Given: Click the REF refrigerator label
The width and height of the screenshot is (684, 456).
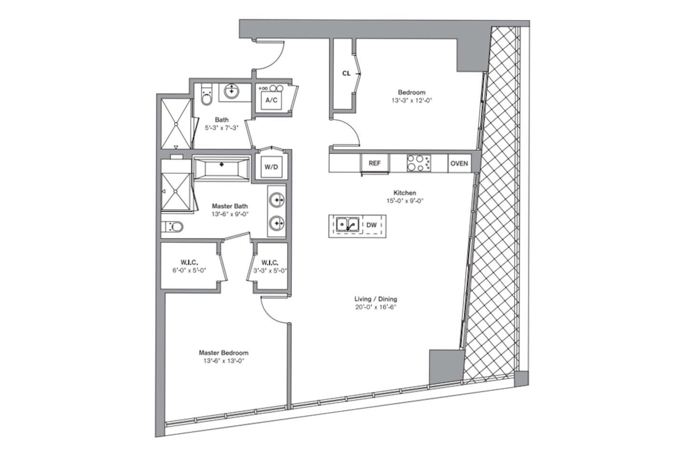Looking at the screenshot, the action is pyautogui.click(x=374, y=163).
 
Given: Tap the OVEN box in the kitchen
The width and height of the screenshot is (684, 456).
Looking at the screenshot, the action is pyautogui.click(x=459, y=163).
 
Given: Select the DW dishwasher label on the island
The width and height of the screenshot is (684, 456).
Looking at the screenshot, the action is pyautogui.click(x=371, y=225).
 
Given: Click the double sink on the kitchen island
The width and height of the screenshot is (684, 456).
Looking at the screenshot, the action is pyautogui.click(x=348, y=225).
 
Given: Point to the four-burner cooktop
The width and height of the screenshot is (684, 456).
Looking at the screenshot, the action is pyautogui.click(x=418, y=163).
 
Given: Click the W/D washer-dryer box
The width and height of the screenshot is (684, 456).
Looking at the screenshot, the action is pyautogui.click(x=272, y=167).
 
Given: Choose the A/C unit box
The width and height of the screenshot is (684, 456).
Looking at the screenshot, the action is pyautogui.click(x=272, y=100).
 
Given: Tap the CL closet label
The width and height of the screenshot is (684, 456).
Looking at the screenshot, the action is pyautogui.click(x=346, y=73).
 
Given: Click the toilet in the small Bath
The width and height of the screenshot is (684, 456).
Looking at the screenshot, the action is pyautogui.click(x=207, y=95).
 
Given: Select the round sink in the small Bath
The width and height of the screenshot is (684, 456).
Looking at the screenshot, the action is pyautogui.click(x=231, y=91).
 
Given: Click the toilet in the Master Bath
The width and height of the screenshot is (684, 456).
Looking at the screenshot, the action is pyautogui.click(x=172, y=227).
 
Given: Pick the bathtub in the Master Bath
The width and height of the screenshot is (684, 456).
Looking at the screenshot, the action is pyautogui.click(x=222, y=168).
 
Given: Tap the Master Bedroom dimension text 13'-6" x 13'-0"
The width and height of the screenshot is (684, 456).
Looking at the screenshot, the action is pyautogui.click(x=224, y=361).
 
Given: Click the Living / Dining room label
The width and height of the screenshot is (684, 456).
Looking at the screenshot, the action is pyautogui.click(x=376, y=299).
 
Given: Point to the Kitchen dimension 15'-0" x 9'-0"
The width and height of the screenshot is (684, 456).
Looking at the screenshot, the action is pyautogui.click(x=405, y=200).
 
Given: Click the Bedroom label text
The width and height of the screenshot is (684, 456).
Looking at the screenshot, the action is pyautogui.click(x=412, y=92).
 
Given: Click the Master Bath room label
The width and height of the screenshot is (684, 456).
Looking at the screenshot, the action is pyautogui.click(x=230, y=206).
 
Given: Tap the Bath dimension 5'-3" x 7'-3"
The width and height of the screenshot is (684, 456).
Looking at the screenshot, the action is pyautogui.click(x=222, y=128).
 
